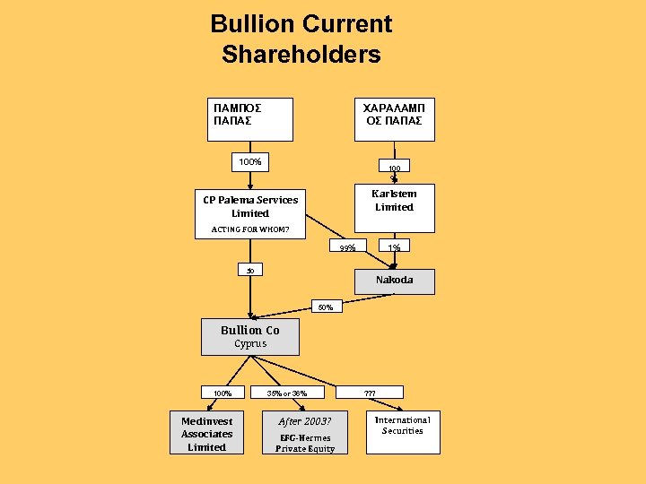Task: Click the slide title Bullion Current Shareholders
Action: click(301, 39)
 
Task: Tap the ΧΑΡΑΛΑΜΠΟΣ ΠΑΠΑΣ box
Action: click(394, 119)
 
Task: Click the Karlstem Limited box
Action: click(394, 200)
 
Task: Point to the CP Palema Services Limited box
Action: click(249, 206)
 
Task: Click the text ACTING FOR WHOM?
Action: click(249, 229)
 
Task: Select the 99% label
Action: click(347, 247)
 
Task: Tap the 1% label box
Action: click(394, 246)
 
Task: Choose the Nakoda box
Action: click(394, 281)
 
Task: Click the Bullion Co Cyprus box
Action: click(250, 336)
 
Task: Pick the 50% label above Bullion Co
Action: click(325, 307)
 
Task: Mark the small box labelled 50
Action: click(250, 270)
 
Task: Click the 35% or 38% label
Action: click(287, 393)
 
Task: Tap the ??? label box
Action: click(370, 393)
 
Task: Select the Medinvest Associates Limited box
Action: click(206, 434)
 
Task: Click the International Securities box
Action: click(403, 431)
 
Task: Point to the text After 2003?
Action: click(305, 421)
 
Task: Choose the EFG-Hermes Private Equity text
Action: click(305, 443)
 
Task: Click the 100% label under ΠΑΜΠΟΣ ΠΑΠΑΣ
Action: click(249, 162)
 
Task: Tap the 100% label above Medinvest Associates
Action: click(223, 393)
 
